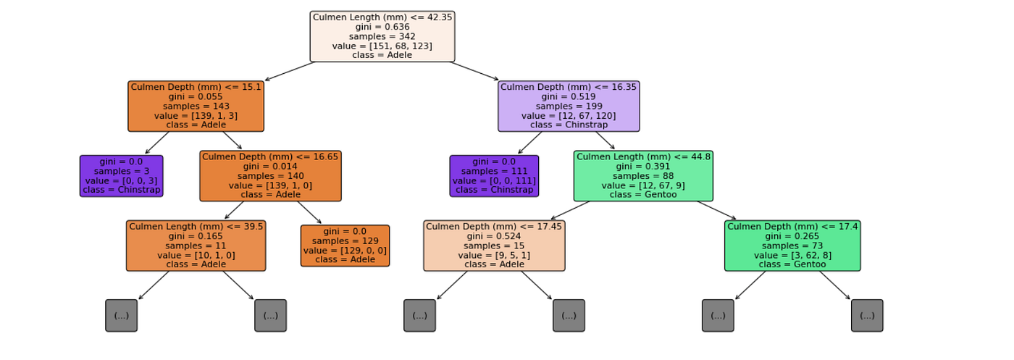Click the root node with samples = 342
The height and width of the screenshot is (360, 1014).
[x=382, y=36]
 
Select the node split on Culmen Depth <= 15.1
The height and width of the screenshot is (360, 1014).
[x=196, y=106]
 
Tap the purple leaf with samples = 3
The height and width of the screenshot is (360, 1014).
[x=121, y=176]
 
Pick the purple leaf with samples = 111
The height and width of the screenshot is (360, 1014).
[x=494, y=176]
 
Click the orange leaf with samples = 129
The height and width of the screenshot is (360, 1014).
[x=345, y=246]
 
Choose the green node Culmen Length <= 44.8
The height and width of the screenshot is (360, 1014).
[x=643, y=176]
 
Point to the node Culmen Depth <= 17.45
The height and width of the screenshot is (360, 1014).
[x=494, y=246]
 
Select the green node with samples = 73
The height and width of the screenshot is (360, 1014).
[x=792, y=246]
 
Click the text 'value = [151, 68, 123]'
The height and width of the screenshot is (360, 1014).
[x=382, y=46]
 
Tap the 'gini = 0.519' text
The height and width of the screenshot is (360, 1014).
[x=569, y=96]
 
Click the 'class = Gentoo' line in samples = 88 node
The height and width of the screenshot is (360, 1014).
[x=643, y=195]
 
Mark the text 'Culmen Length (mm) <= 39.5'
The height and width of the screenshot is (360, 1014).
[x=196, y=227]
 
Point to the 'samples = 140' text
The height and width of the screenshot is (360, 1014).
[x=270, y=176]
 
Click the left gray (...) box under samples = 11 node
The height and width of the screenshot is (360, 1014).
[x=121, y=316]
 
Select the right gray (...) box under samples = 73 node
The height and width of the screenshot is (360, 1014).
[x=867, y=316]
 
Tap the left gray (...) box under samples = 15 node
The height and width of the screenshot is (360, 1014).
[x=419, y=316]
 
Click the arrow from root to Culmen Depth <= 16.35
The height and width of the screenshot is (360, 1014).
[x=474, y=71]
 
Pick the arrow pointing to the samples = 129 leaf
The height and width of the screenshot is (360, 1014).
[x=309, y=212]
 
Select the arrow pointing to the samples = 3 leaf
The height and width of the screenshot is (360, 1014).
[x=157, y=143]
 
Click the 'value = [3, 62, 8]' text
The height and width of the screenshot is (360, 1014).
[x=792, y=255]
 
